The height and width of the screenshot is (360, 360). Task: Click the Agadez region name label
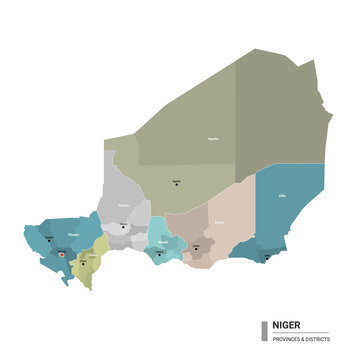click(212, 140)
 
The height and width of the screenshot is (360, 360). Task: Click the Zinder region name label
click(219, 222)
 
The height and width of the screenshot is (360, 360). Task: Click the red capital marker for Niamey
click(63, 255)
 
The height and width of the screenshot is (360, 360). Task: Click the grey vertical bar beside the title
click(263, 331)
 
